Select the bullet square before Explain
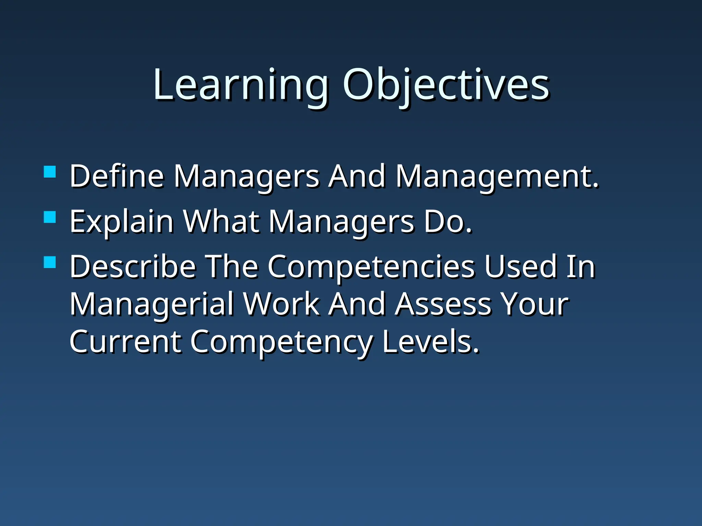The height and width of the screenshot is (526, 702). coord(50,217)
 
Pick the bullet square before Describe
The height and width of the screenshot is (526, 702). coord(50,262)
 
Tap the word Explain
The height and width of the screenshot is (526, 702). coord(121,222)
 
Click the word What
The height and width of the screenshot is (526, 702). coord(221,222)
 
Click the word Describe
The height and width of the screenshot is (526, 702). coord(132,267)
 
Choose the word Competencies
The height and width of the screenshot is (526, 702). coord(370,267)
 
